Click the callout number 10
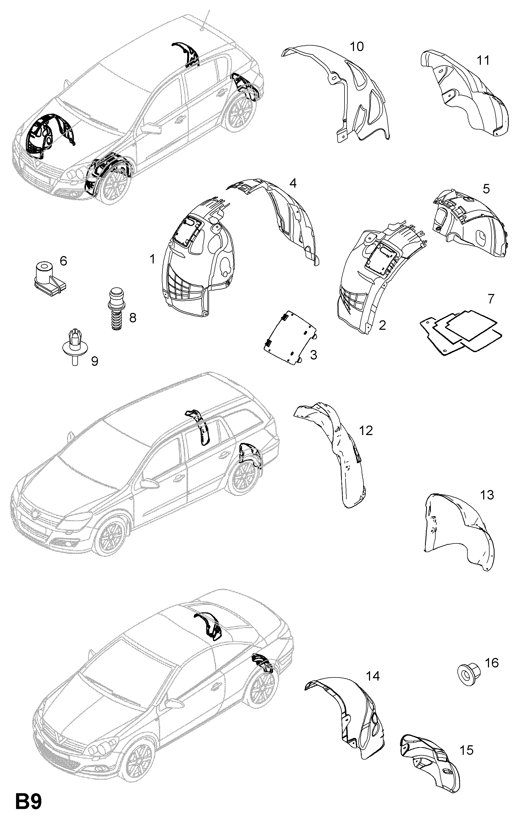357,46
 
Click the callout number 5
486,189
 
